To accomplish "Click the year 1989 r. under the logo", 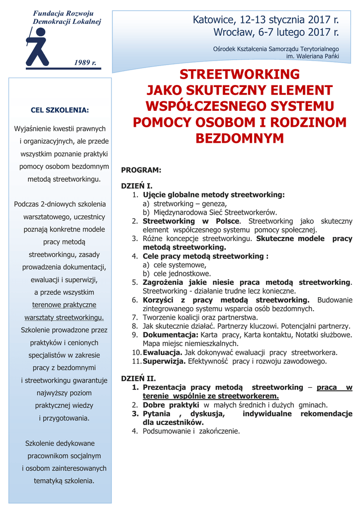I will click(x=85, y=63).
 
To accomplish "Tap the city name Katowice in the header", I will click(x=214, y=20).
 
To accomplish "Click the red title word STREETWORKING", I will click(x=240, y=75).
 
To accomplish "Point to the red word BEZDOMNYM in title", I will click(x=240, y=139).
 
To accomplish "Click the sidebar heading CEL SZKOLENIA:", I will click(x=60, y=110).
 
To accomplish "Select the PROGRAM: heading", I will click(x=141, y=170).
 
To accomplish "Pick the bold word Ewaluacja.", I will click(x=163, y=352).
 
